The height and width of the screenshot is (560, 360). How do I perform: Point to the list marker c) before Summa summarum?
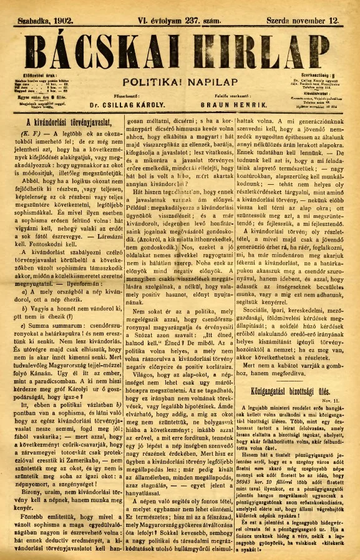coord(23,325)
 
